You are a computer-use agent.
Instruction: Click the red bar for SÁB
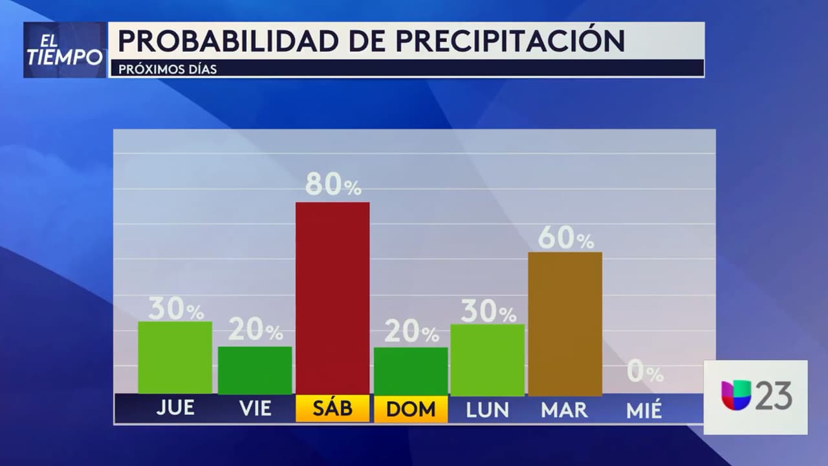click(x=332, y=298)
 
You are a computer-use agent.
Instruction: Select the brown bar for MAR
click(x=565, y=324)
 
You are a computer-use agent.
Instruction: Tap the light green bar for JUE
click(x=175, y=357)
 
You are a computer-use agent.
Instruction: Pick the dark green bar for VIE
click(x=254, y=370)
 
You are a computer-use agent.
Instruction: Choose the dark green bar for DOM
click(x=411, y=371)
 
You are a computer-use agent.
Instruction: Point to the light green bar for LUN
click(x=487, y=360)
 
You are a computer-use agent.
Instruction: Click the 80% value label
click(x=333, y=186)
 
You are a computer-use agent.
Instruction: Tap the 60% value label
click(x=565, y=239)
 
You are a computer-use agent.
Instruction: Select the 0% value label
click(x=645, y=373)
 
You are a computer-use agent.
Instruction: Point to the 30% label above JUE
click(x=175, y=309)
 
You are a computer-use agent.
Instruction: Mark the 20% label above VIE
click(x=255, y=331)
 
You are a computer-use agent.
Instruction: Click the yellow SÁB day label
click(x=332, y=409)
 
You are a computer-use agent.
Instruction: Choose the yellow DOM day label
click(x=411, y=409)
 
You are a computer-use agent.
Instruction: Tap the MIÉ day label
click(x=644, y=410)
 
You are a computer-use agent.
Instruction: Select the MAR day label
click(x=565, y=410)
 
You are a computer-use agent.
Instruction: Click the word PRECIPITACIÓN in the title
click(x=510, y=41)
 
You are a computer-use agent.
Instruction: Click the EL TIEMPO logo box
click(x=65, y=50)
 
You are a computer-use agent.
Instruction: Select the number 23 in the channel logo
click(x=774, y=395)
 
